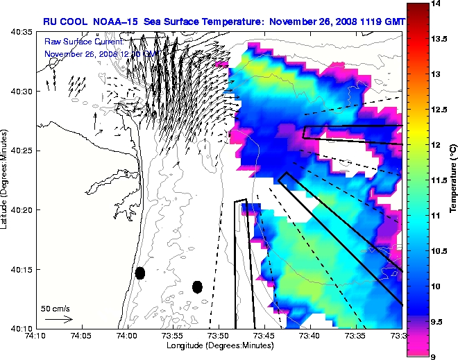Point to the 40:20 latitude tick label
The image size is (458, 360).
(x=22, y=210)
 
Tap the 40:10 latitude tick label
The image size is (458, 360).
(x=22, y=328)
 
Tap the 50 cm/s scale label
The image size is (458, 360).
(x=55, y=308)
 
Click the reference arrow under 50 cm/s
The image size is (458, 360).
(x=59, y=319)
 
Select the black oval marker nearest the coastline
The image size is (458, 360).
(x=140, y=273)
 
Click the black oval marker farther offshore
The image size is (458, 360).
(x=197, y=286)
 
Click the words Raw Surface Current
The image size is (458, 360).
(x=76, y=42)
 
